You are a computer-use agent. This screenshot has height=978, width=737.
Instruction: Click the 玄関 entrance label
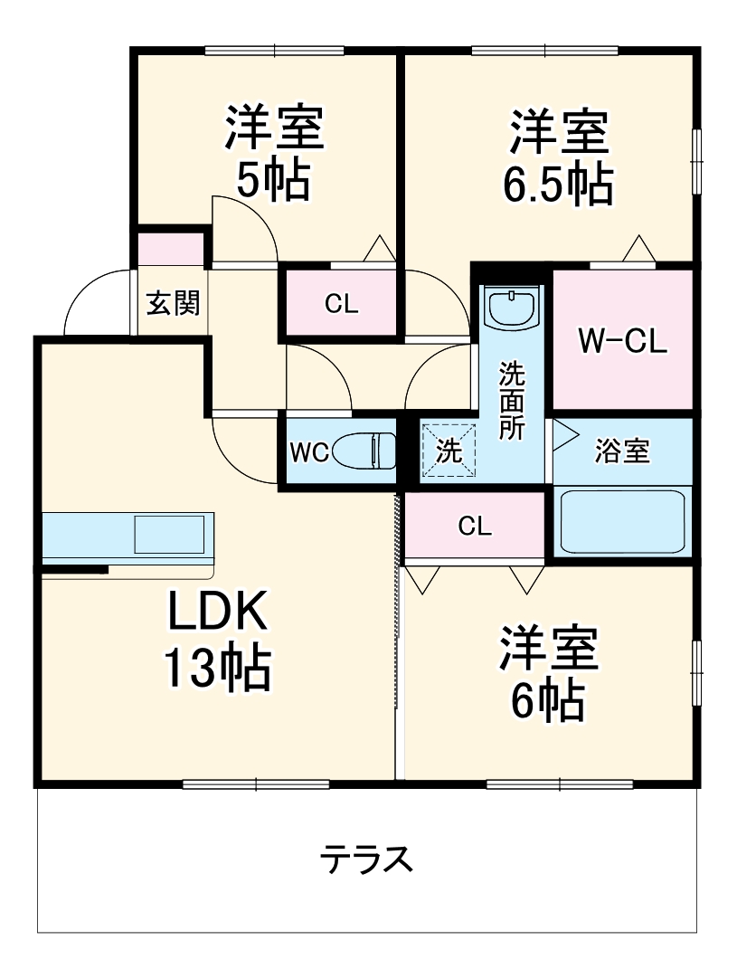pos(172,304)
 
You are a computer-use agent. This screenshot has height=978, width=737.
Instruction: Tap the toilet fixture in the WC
pos(365,450)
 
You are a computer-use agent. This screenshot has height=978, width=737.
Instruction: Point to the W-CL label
pos(622,341)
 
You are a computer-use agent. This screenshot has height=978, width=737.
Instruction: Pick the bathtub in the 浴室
pos(621,522)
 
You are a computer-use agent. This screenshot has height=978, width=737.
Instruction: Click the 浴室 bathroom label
pos(622,452)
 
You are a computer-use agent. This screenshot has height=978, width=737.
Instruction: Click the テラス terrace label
pos(367,859)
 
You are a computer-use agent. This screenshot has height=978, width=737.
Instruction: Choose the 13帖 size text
pos(217,670)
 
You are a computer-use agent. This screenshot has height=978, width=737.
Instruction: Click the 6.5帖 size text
pos(557,185)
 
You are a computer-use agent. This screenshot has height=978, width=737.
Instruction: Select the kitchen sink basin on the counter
pos(169,534)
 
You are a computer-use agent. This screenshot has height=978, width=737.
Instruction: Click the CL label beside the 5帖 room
pos(341,305)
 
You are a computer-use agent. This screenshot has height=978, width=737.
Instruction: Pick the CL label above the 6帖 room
pos(474,527)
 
